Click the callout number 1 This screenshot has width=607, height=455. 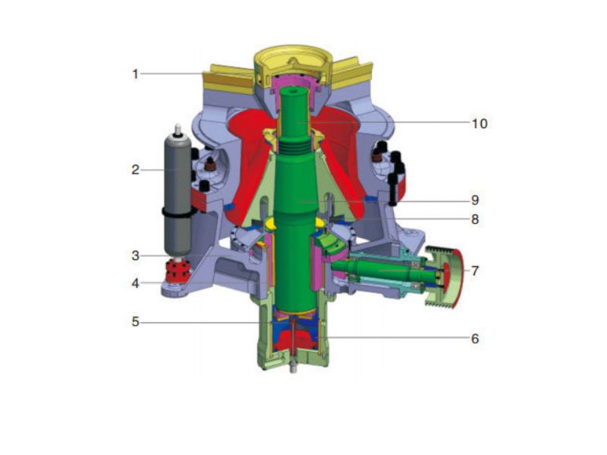point(135,74)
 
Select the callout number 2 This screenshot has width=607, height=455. point(135,170)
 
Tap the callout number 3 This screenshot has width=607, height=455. point(135,256)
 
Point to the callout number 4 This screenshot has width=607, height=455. point(135,284)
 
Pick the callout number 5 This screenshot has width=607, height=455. point(135,322)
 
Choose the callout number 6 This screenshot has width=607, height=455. point(475,338)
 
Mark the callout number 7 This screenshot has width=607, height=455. point(475,270)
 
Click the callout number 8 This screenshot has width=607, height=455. point(475,219)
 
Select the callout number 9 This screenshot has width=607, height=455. point(475,200)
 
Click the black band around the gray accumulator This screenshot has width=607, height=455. point(177,215)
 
